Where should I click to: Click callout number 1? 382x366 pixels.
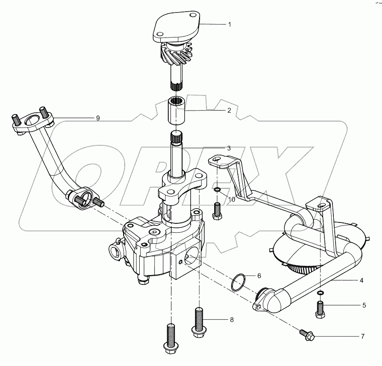(x=229, y=25)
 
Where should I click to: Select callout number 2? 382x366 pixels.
(x=228, y=111)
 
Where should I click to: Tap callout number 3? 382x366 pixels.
(x=228, y=148)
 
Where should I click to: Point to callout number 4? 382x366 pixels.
(x=361, y=280)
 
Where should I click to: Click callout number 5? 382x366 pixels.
(x=364, y=305)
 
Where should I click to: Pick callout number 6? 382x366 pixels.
(x=259, y=276)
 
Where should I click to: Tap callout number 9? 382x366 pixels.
(x=98, y=118)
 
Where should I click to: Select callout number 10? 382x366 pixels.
(x=232, y=200)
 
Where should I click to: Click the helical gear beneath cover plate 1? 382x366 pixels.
(x=179, y=56)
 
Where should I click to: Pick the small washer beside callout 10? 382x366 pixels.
(x=217, y=192)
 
